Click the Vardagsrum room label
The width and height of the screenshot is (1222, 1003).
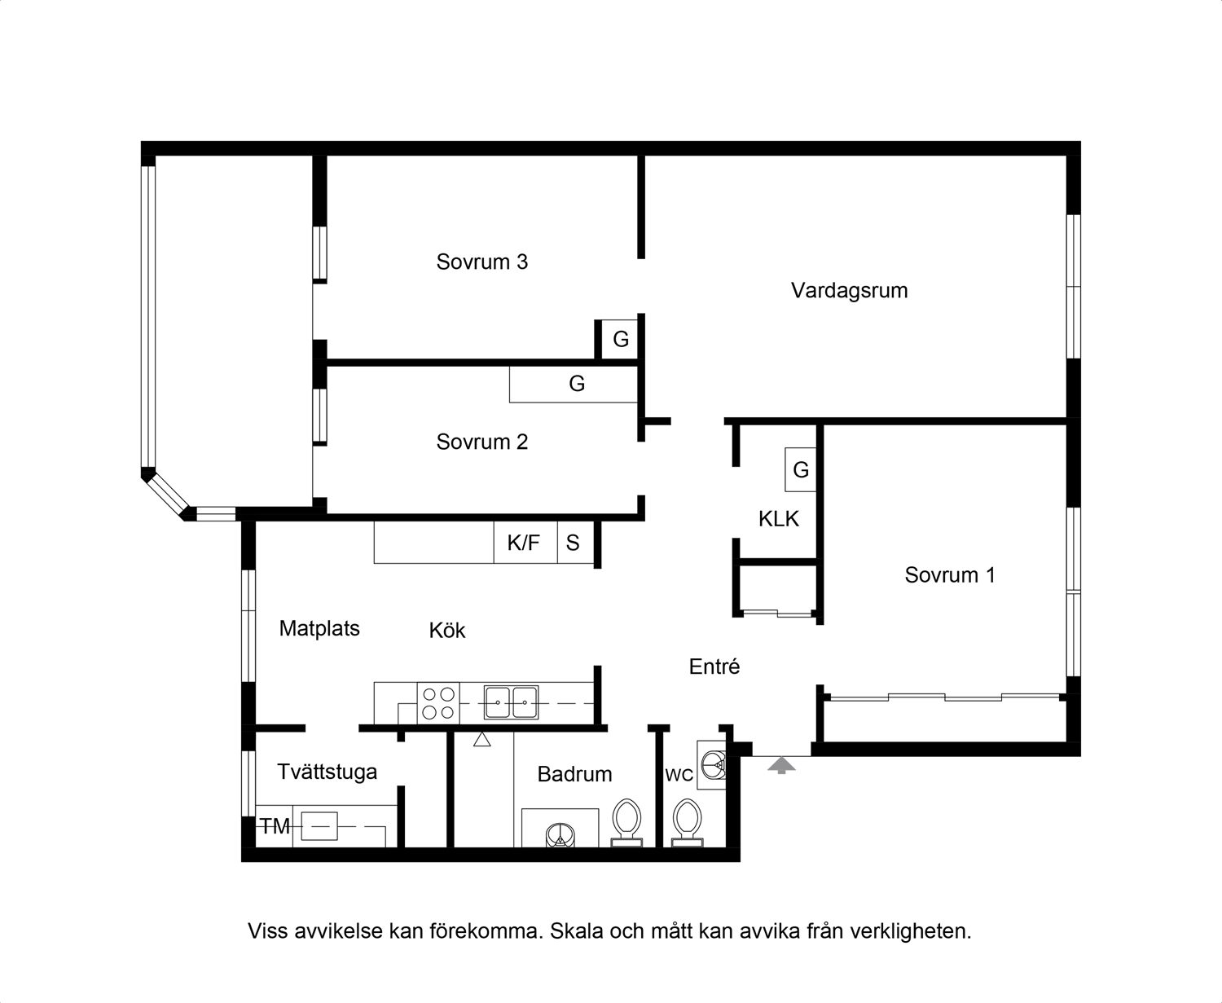tap(849, 291)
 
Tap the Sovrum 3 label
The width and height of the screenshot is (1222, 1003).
tap(482, 262)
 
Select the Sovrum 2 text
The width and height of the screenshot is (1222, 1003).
tap(482, 442)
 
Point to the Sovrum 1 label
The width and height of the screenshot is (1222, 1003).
tap(950, 574)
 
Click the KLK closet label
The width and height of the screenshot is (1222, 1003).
tap(779, 518)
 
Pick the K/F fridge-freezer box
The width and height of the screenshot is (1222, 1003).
tap(525, 543)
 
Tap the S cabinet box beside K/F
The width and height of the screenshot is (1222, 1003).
tap(576, 543)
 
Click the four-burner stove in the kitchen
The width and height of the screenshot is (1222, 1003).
tap(438, 703)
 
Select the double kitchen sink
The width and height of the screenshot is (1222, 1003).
tap(511, 702)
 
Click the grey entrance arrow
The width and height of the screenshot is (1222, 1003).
tap(781, 765)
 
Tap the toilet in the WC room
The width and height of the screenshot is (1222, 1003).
tap(688, 823)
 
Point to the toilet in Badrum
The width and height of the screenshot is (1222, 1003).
tap(627, 823)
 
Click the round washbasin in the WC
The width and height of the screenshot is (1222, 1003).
tap(713, 765)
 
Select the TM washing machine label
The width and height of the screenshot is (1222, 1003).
tap(275, 826)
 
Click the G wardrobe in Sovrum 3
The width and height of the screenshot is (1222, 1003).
tap(620, 339)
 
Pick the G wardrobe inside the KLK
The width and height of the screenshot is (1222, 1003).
tap(801, 469)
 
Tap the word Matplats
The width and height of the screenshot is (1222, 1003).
tap(319, 629)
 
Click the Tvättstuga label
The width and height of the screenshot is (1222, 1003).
tap(327, 772)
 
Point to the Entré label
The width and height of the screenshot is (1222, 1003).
tap(714, 666)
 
